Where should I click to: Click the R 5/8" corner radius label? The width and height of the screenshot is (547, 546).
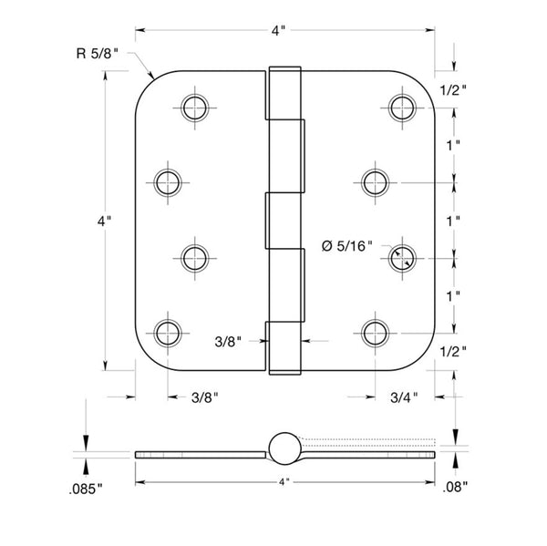point(98,54)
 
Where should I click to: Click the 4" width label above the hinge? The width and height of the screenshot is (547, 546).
point(278,31)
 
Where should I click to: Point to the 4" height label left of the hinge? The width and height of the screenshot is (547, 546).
point(104,221)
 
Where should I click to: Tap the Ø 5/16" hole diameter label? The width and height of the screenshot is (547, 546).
point(346,246)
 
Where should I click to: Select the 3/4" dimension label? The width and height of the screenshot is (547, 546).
point(404,397)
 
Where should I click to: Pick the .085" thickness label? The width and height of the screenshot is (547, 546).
point(86,489)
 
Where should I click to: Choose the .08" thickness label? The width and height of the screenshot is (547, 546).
point(455,487)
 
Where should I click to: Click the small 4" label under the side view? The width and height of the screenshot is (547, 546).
point(284,482)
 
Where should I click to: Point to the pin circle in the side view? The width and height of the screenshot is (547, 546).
point(284,448)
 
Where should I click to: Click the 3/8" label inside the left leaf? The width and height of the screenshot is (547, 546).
point(228,342)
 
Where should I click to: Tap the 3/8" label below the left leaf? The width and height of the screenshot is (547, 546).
point(205,397)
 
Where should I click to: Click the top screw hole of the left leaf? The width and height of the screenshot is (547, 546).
point(195,108)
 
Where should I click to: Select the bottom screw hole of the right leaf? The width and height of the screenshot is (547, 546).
point(375,334)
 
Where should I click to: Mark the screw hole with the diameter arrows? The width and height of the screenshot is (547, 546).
point(402,259)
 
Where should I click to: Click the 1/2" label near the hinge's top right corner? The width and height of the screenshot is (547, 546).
point(453,91)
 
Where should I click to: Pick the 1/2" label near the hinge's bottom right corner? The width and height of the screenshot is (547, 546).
point(453,352)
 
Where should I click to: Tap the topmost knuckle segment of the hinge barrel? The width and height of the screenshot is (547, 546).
point(284,93)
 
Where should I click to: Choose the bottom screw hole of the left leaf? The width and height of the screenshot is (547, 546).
point(168,334)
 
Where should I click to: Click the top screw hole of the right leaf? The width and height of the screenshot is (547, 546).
point(402,108)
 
